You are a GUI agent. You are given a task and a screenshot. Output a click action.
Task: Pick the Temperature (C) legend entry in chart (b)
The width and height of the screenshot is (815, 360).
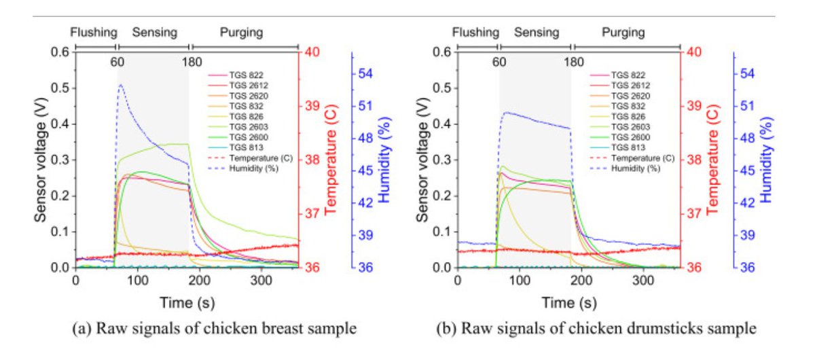point(642,158)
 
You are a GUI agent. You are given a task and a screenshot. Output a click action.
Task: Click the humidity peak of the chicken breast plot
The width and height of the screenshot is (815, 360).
point(121,85)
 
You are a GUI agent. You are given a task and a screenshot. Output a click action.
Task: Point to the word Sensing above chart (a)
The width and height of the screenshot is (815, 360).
point(154,32)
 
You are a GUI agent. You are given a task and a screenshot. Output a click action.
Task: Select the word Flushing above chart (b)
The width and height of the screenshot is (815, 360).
point(475,32)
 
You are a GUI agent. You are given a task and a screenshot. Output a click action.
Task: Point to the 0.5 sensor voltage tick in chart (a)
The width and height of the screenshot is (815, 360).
point(61,88)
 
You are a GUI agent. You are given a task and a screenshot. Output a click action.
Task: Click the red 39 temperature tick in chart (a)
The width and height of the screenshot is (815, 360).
point(313,106)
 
